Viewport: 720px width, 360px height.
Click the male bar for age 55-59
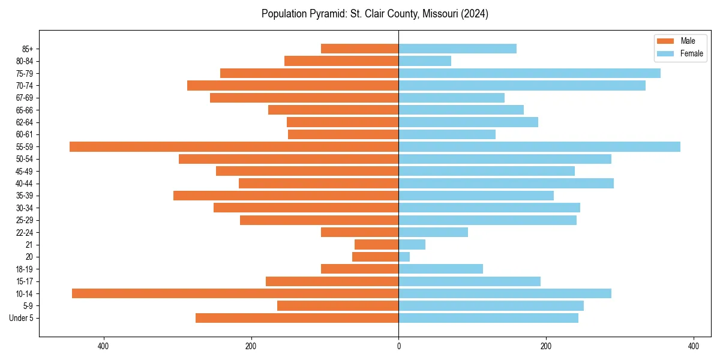(x=234, y=147)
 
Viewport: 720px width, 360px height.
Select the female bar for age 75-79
(x=529, y=73)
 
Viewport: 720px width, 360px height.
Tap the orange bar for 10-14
(x=235, y=293)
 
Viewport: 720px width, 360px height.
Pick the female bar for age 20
(x=404, y=257)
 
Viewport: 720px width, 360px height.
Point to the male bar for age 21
(x=377, y=245)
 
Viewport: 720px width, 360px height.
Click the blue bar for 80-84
(x=425, y=61)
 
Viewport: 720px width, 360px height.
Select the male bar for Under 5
(x=297, y=318)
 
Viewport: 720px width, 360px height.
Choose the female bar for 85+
(x=457, y=49)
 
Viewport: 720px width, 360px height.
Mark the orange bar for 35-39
(x=286, y=196)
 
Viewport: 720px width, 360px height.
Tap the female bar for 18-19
(x=440, y=269)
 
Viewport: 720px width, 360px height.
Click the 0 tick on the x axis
(x=398, y=346)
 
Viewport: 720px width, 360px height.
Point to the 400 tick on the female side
(x=694, y=346)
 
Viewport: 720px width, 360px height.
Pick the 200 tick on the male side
(x=251, y=346)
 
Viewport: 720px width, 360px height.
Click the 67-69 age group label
(x=24, y=98)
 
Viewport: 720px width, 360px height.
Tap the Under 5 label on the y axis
(x=21, y=318)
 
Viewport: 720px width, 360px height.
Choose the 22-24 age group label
(x=24, y=232)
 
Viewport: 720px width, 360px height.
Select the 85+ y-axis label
(x=27, y=49)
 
